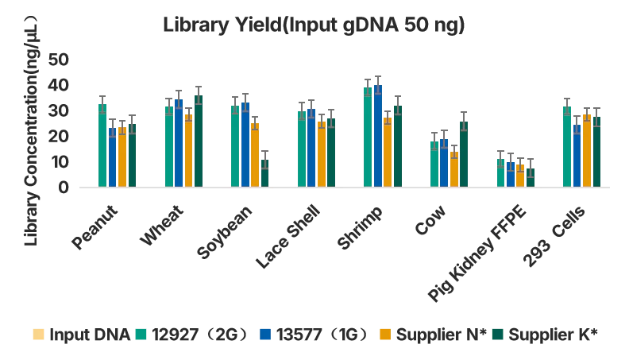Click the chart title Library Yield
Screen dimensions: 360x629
pyautogui.click(x=314, y=25)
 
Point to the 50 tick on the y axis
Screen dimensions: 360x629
pyautogui.click(x=59, y=60)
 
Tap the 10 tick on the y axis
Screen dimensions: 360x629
pyautogui.click(x=59, y=162)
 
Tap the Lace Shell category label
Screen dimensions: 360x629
pyautogui.click(x=288, y=236)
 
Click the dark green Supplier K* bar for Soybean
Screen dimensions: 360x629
pyautogui.click(x=265, y=174)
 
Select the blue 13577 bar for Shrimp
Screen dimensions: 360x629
pyautogui.click(x=378, y=137)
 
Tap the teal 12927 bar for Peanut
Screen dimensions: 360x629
pyautogui.click(x=102, y=146)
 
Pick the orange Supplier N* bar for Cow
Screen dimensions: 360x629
pyautogui.click(x=454, y=170)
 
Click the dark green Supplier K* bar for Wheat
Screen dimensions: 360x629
pyautogui.click(x=199, y=141)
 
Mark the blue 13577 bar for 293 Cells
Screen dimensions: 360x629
pyautogui.click(x=577, y=157)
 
